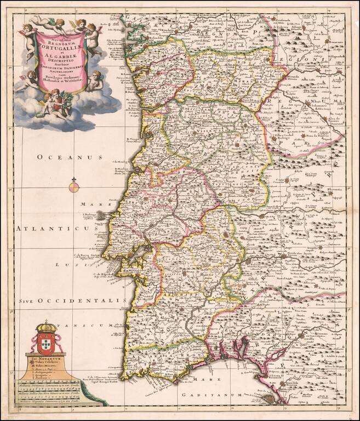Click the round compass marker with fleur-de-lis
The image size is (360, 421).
point(75,187)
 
